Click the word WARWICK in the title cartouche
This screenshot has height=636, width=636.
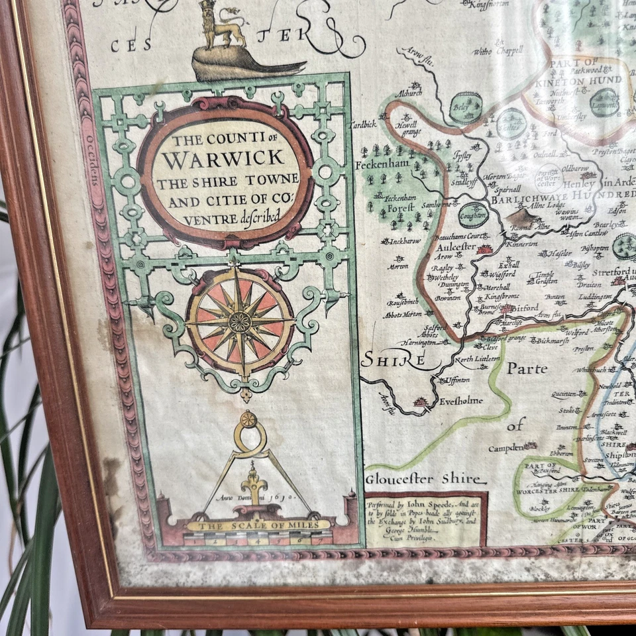pos(224,160)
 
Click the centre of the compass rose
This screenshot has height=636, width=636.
pos(240,322)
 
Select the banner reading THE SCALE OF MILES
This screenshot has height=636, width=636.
pos(258,525)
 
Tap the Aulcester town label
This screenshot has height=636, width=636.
pos(455,246)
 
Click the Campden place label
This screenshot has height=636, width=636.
pos(507,448)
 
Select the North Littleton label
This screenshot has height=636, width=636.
pos(477,358)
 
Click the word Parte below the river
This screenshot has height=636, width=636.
pos(527,368)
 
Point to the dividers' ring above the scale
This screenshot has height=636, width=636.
pos(248,419)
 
